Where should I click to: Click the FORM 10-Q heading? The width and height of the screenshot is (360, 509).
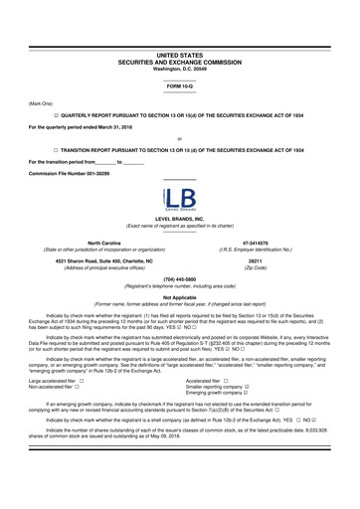(179, 87)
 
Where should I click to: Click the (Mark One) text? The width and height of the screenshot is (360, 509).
(41, 103)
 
